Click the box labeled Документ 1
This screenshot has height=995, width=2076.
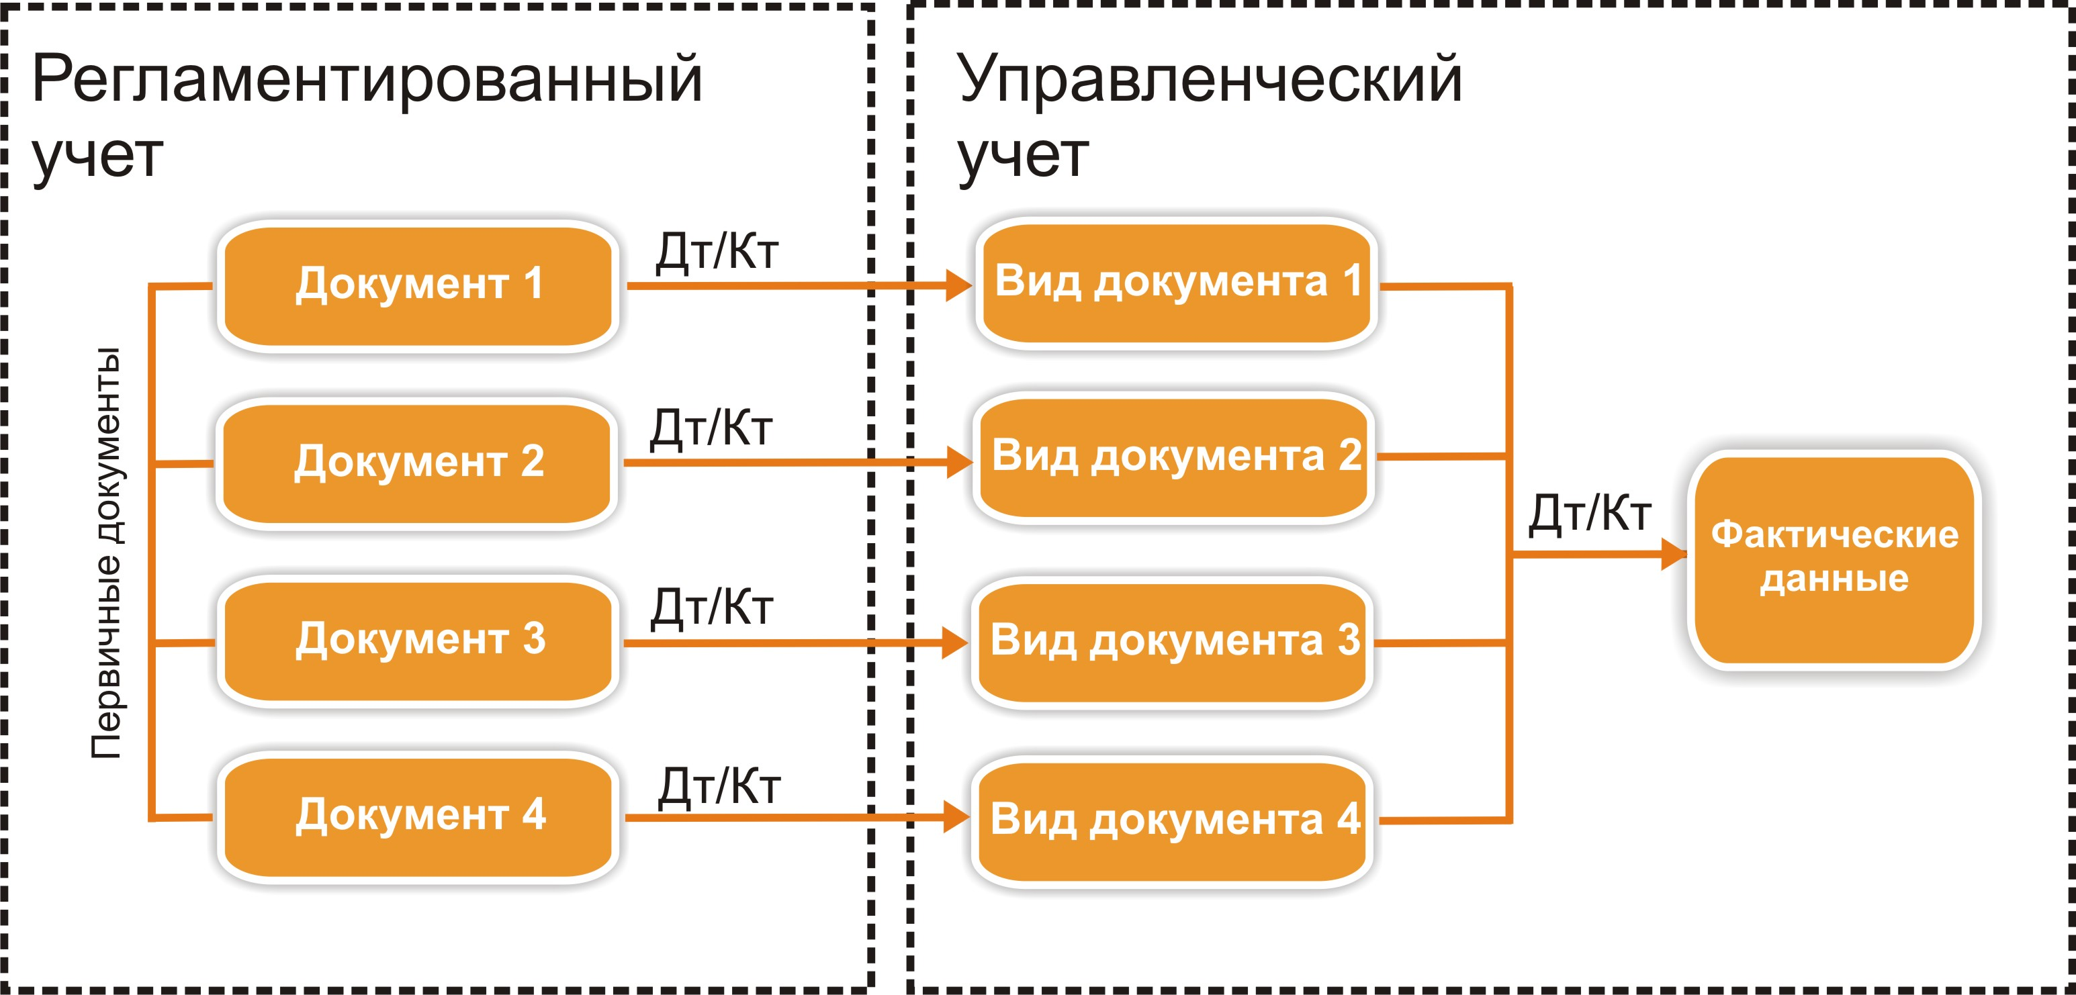coord(418,285)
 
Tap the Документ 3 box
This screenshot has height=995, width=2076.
coord(418,641)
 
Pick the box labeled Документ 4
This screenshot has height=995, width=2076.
coord(418,816)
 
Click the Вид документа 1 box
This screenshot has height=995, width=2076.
coord(1176,283)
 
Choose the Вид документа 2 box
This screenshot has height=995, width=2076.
coord(1174,457)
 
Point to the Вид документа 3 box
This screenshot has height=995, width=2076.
coord(1173,642)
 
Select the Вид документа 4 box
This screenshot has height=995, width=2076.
coord(1173,821)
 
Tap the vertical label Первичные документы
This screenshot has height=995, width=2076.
coord(105,553)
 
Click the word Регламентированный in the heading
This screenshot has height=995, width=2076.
coord(367,81)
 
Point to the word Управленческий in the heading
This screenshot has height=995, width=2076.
coord(1209,81)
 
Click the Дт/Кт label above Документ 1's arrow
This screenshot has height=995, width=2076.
coord(717,251)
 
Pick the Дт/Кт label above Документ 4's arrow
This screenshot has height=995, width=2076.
coord(719,786)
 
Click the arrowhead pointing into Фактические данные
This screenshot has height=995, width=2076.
coord(1674,555)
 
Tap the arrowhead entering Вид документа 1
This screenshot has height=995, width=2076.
coord(959,285)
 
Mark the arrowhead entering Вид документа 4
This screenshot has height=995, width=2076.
coord(956,818)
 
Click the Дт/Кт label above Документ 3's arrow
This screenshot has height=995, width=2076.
coord(712,607)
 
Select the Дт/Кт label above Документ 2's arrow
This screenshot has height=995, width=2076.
coord(712,428)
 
